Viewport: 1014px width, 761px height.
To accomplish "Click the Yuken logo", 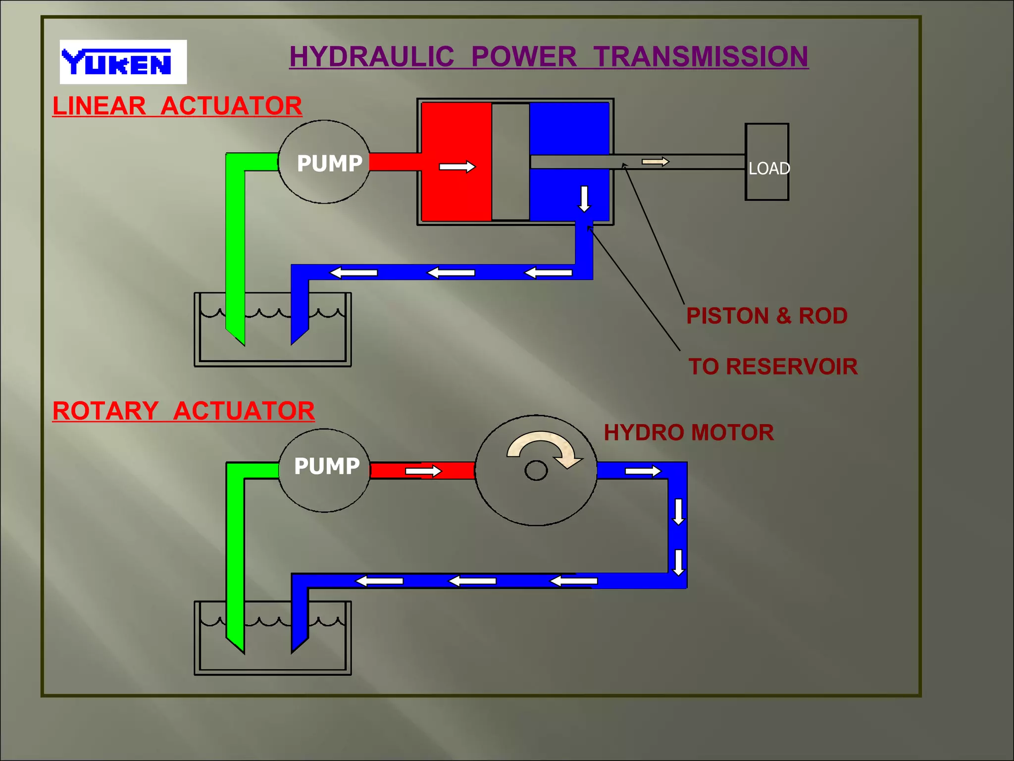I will tap(123, 62).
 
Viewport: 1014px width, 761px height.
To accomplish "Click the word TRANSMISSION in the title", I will tap(701, 56).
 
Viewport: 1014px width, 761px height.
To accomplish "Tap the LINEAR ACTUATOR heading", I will tap(177, 106).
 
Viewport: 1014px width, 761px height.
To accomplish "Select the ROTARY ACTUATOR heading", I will tap(183, 411).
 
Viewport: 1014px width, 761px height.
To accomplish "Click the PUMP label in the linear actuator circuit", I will tap(329, 163).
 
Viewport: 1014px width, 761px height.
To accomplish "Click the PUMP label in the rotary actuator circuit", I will tap(327, 466).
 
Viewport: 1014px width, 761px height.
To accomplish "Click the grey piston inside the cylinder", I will tap(510, 162).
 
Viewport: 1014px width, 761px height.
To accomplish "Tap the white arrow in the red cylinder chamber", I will tap(457, 167).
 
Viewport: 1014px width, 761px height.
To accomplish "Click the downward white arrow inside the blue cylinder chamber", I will tap(584, 199).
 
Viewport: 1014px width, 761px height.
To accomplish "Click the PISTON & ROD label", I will tap(766, 316).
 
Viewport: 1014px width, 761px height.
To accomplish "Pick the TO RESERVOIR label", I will tap(772, 367).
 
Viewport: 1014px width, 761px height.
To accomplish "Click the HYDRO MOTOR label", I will tap(689, 433).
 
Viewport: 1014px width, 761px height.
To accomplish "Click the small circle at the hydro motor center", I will tap(536, 471).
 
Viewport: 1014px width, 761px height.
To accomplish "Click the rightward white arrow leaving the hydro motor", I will tap(643, 471).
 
